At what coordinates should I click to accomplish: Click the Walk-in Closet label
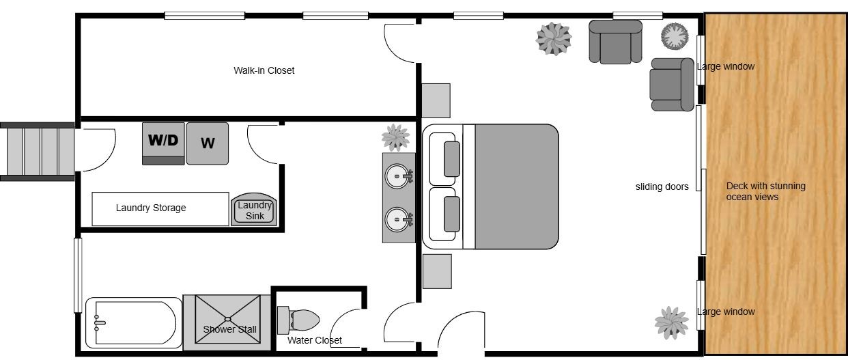click(x=264, y=70)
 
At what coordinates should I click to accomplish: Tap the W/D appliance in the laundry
click(x=164, y=143)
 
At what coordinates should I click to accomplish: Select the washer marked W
click(x=208, y=143)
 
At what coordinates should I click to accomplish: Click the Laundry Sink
click(x=254, y=210)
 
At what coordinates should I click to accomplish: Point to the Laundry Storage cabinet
click(x=160, y=209)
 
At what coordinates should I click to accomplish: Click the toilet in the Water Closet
click(x=298, y=320)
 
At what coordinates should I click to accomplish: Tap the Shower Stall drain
click(x=227, y=319)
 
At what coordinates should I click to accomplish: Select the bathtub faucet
click(x=99, y=323)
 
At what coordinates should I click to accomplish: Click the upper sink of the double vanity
click(x=397, y=176)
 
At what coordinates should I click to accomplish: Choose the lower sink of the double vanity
click(x=397, y=219)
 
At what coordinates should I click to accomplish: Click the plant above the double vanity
click(x=395, y=137)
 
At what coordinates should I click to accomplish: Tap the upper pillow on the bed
click(x=451, y=159)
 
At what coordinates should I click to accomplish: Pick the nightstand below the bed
click(x=437, y=271)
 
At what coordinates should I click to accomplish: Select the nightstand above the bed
click(x=436, y=100)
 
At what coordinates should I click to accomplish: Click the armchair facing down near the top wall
click(x=616, y=42)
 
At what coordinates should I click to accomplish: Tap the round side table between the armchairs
click(x=675, y=36)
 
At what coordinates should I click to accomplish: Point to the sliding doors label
click(x=662, y=186)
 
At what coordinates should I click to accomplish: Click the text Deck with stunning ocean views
click(x=765, y=191)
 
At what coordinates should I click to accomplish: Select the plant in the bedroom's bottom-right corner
click(x=672, y=323)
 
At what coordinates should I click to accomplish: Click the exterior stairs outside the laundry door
click(x=37, y=152)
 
